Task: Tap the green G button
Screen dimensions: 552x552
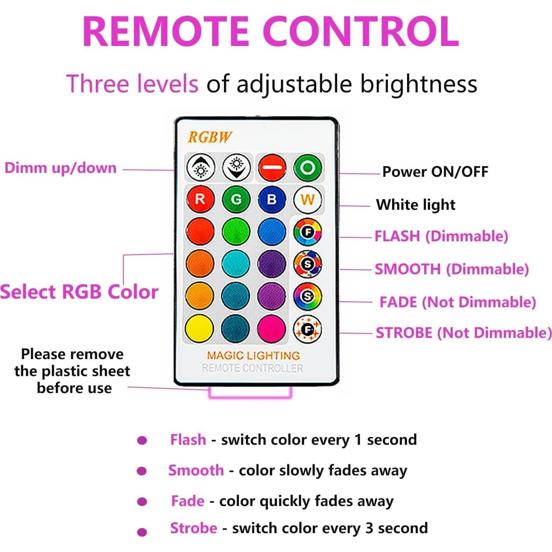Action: pyautogui.click(x=236, y=200)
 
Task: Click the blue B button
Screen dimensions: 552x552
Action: pyautogui.click(x=271, y=200)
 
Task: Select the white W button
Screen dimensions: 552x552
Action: pyautogui.click(x=307, y=200)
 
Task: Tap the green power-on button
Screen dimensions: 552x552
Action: pyautogui.click(x=308, y=168)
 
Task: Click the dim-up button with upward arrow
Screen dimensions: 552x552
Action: pyautogui.click(x=200, y=168)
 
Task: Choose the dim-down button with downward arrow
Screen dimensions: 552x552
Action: pyautogui.click(x=236, y=168)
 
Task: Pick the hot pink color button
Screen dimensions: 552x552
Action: pyautogui.click(x=271, y=328)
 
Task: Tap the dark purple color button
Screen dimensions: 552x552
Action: pyautogui.click(x=271, y=263)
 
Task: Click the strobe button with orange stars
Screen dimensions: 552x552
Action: pyautogui.click(x=307, y=328)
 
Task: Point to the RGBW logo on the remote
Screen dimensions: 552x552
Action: pyautogui.click(x=209, y=137)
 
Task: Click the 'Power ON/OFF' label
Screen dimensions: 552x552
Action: pyautogui.click(x=435, y=172)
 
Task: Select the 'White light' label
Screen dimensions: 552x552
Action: pyautogui.click(x=415, y=205)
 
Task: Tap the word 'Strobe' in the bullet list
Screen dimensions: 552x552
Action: pyautogui.click(x=193, y=528)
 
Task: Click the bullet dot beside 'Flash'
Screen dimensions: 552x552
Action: pyautogui.click(x=142, y=440)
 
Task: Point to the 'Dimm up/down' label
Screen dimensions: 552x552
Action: pyautogui.click(x=61, y=168)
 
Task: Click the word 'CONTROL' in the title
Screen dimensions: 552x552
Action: pyautogui.click(x=361, y=31)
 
